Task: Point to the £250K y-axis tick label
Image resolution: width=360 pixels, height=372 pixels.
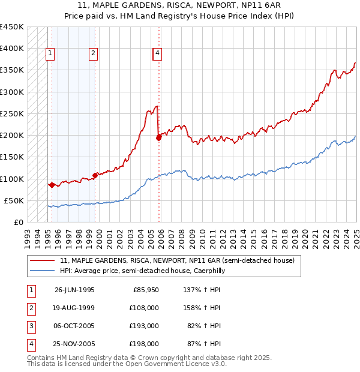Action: tap(11, 113)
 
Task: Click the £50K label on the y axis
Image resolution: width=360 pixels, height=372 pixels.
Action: tap(14, 200)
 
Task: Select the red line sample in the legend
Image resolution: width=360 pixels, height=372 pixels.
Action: tap(42, 261)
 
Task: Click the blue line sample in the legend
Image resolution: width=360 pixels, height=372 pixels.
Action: tap(42, 271)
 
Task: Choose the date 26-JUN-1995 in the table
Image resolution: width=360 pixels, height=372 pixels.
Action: tap(74, 290)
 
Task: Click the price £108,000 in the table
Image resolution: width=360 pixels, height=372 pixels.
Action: tap(144, 308)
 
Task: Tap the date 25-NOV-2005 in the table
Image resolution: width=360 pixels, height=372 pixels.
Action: tap(74, 344)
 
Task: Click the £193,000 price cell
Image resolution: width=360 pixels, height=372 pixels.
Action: tap(144, 326)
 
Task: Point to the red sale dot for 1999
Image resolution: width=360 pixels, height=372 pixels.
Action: tap(95, 175)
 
